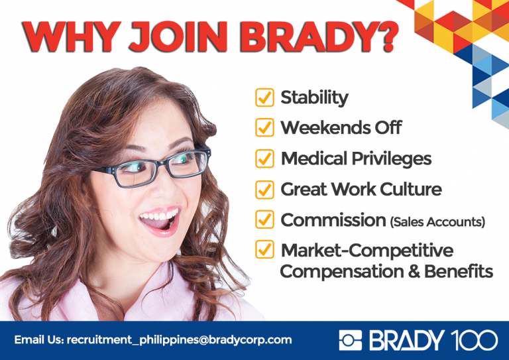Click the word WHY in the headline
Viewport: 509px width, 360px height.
pyautogui.click(x=72, y=36)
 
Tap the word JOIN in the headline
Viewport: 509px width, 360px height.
pyautogui.click(x=178, y=36)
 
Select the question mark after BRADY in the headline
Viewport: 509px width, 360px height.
pyautogui.click(x=386, y=36)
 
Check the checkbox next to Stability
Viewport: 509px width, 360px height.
pyautogui.click(x=264, y=97)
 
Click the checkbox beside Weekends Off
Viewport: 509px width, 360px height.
pyautogui.click(x=264, y=127)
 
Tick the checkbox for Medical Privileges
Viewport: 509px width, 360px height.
pyautogui.click(x=264, y=158)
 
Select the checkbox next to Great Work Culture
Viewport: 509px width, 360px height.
pyautogui.click(x=264, y=190)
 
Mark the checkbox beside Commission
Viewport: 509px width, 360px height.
pyautogui.click(x=264, y=219)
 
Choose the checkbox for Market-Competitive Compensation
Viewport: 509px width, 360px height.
pyautogui.click(x=264, y=249)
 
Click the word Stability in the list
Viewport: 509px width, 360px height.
pyautogui.click(x=314, y=98)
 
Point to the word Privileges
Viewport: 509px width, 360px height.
pyautogui.click(x=392, y=159)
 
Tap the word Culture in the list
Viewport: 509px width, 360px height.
pyautogui.click(x=411, y=189)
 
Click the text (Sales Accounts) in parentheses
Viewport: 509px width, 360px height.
pyautogui.click(x=437, y=222)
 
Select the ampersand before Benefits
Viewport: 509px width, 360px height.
pyautogui.click(x=414, y=271)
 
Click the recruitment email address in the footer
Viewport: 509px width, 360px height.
pyautogui.click(x=179, y=340)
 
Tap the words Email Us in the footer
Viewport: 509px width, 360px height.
pyautogui.click(x=39, y=340)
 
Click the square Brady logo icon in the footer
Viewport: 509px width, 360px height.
pyautogui.click(x=350, y=340)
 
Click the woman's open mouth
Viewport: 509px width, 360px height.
pyautogui.click(x=160, y=221)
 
